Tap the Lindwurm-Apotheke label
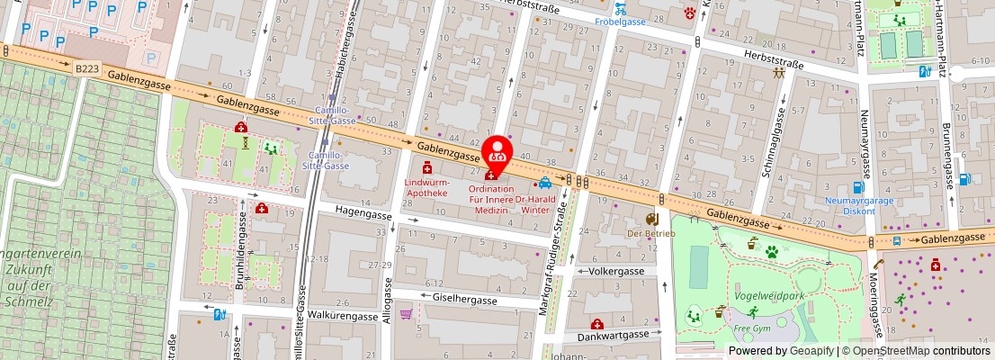(x=426, y=187)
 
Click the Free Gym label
(x=753, y=328)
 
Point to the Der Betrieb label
(x=651, y=233)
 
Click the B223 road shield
(x=87, y=67)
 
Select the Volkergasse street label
(x=617, y=271)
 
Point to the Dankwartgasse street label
(x=613, y=334)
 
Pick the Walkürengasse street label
(x=343, y=317)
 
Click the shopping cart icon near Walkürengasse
(x=407, y=314)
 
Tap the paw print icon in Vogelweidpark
(x=771, y=253)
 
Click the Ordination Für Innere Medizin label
(x=491, y=200)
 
